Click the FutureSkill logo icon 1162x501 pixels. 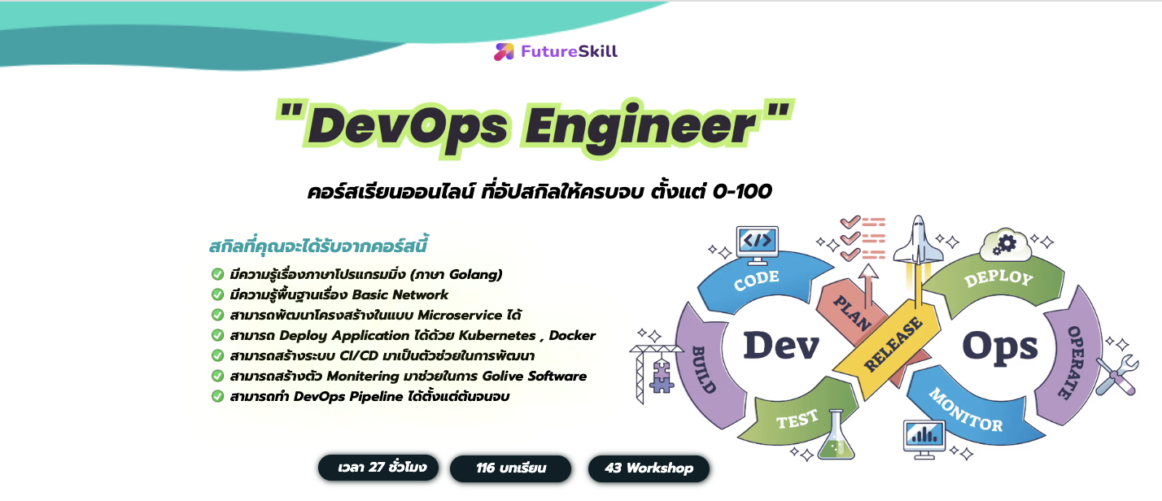pos(504,52)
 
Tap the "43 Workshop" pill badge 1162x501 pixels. pos(649,468)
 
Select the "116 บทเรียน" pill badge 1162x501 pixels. pos(511,468)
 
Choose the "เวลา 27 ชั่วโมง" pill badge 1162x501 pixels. pos(378,468)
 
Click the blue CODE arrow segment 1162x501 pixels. pos(757,281)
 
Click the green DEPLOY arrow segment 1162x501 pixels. pos(998,281)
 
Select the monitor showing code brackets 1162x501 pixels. pos(757,244)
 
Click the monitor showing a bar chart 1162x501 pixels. pos(924,438)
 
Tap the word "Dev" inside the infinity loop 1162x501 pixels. pos(780,346)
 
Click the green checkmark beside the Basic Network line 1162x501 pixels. pos(217,294)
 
